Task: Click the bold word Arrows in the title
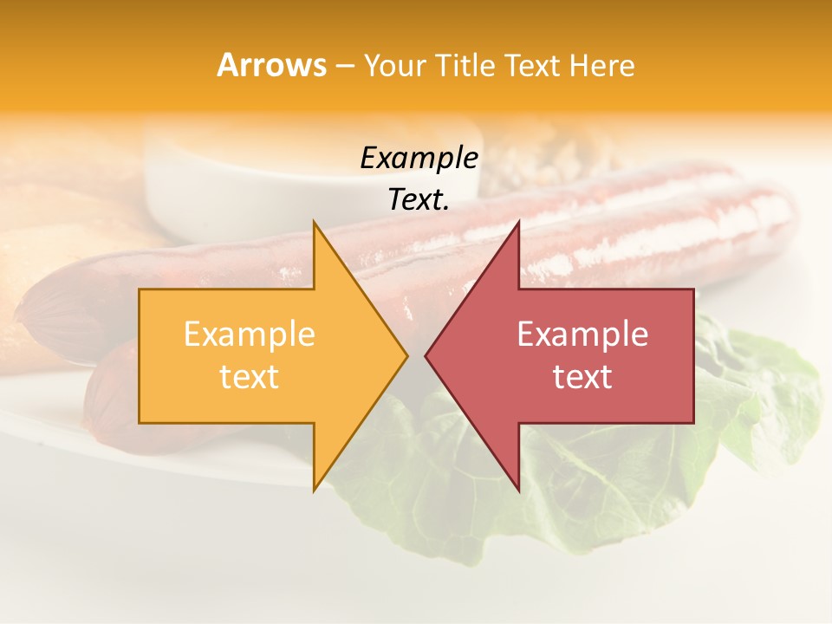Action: click(271, 65)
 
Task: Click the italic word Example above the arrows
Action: click(419, 159)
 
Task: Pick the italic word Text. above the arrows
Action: click(419, 200)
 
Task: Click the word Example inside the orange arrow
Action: click(250, 335)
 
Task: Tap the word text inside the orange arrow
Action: click(250, 377)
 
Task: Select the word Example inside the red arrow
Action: click(582, 335)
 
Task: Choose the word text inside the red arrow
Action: click(582, 377)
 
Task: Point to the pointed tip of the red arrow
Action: click(426, 356)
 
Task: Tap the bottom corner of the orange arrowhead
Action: click(315, 490)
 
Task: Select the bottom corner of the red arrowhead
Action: click(518, 490)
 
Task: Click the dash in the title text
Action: click(344, 66)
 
